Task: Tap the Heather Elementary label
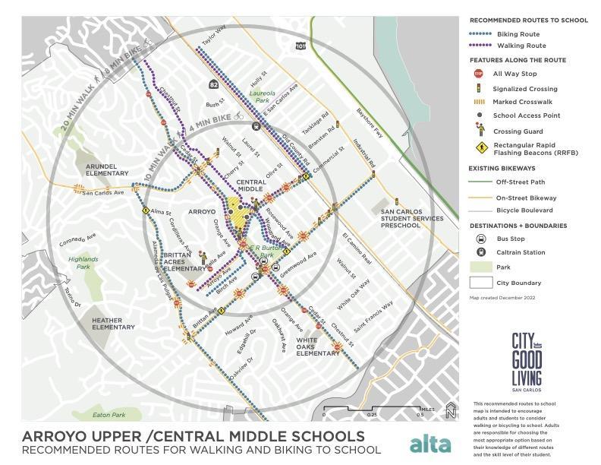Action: click(x=112, y=324)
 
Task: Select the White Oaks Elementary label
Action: click(x=317, y=346)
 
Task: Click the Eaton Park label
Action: click(x=108, y=415)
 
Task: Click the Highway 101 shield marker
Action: click(x=301, y=46)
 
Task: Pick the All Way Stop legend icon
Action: click(x=478, y=74)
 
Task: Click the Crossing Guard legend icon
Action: click(x=478, y=131)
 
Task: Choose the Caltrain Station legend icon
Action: click(x=478, y=252)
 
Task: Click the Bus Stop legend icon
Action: click(x=478, y=239)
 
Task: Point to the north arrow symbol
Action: click(x=451, y=411)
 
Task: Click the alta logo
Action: click(x=430, y=444)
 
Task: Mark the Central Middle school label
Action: click(x=251, y=186)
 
